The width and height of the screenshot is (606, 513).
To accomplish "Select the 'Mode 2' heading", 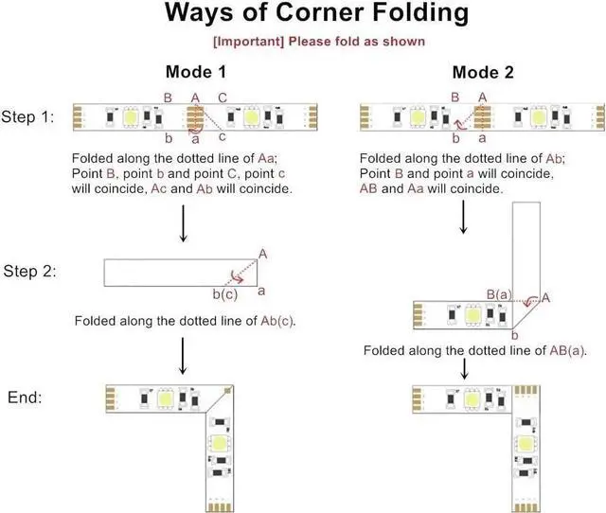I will click(484, 73).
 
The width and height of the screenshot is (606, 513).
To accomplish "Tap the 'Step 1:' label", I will click(33, 117).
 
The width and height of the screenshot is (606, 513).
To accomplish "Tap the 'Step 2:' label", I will click(33, 273).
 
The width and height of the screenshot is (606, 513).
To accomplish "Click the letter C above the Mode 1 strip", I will click(223, 97).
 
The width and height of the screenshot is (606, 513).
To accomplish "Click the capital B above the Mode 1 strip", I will click(168, 97).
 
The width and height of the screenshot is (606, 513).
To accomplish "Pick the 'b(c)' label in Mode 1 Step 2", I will click(225, 295).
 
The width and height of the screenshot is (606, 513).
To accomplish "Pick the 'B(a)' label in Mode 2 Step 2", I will click(499, 295).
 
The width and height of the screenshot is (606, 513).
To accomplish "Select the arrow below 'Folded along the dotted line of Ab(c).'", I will click(180, 355).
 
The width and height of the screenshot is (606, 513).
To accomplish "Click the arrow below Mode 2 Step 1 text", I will click(463, 216).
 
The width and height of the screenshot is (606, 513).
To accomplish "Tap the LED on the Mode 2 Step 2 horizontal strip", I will click(472, 314).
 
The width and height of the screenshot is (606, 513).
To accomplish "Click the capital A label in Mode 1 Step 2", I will click(262, 254).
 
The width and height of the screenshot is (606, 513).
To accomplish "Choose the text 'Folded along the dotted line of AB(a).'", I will click(475, 350).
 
